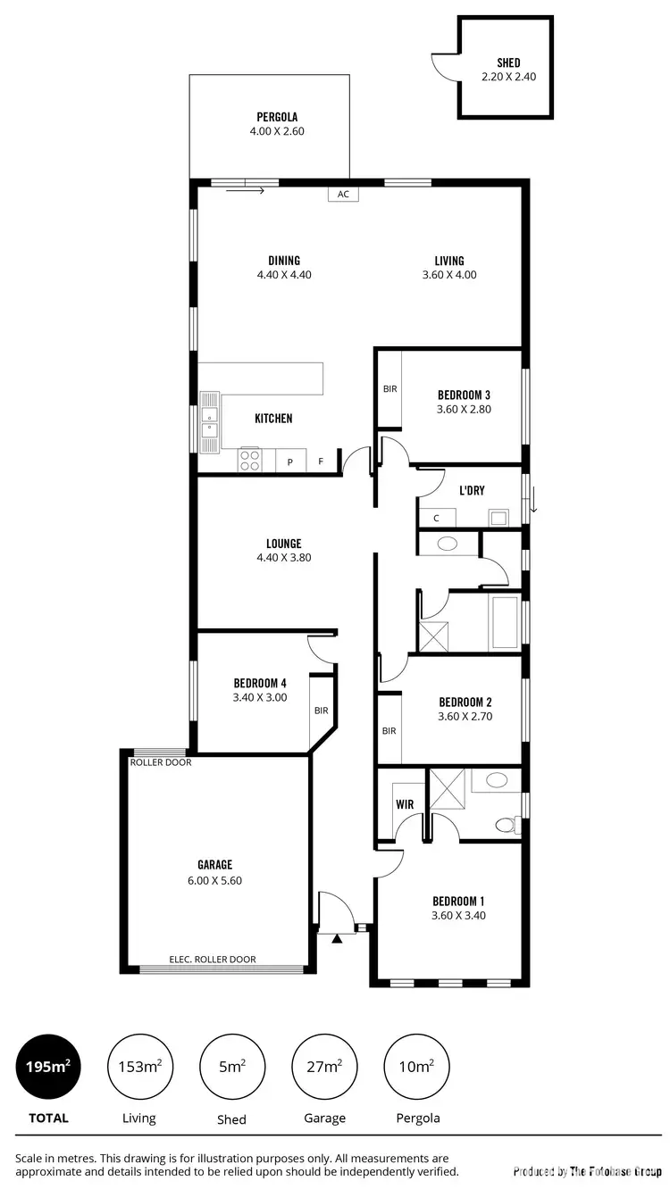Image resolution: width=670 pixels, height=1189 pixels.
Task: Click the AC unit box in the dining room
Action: pos(342,194)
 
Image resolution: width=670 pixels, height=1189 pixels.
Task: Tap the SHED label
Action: pos(508,62)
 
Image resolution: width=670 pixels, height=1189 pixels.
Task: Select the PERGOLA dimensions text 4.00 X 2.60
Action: pos(277,131)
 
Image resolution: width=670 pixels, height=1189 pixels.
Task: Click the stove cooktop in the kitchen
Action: pos(250,460)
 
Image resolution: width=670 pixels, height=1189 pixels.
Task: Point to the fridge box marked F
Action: pos(321,462)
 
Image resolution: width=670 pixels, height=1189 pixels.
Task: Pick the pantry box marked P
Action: pos(289,462)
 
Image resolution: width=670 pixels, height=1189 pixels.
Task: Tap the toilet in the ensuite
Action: pos(507,824)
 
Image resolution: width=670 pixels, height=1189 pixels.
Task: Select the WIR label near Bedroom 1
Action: pos(405,804)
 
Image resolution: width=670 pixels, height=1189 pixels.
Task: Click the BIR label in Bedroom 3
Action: pos(389,389)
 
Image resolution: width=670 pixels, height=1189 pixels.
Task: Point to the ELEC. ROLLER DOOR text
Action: pos(213,960)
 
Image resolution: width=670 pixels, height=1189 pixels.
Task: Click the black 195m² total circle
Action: pos(49,1066)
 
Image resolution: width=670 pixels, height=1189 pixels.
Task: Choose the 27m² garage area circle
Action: pos(323,1066)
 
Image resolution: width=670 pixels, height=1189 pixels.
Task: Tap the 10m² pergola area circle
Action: pos(416,1066)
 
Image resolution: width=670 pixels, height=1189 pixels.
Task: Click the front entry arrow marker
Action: pos(337,938)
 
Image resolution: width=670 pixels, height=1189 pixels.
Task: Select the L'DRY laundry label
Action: pos(472,491)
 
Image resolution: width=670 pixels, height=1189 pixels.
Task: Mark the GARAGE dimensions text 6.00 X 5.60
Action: pos(214,879)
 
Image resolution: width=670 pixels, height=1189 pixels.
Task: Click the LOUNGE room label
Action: pos(283,543)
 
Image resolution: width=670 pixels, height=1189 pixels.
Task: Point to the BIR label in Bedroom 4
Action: pos(321,711)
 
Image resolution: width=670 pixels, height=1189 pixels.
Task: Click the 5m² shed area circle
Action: pos(231,1066)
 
